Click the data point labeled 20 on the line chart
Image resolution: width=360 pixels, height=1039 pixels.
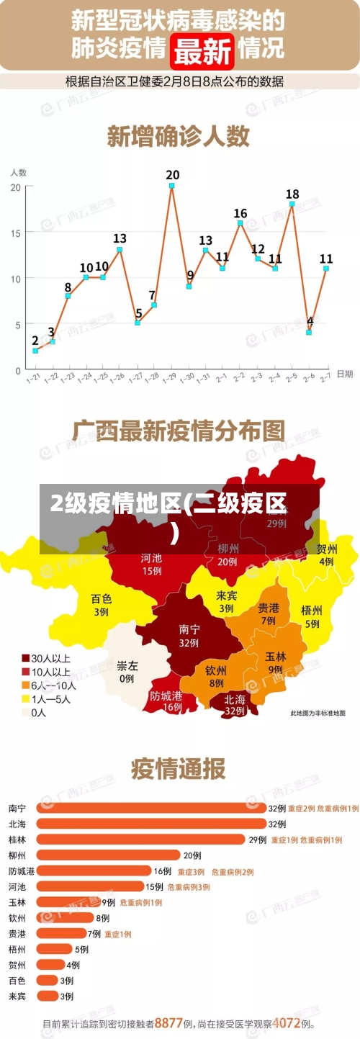(x=172, y=186)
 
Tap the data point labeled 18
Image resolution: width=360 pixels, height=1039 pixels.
(x=292, y=204)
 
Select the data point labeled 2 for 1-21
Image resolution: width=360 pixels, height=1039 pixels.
(x=35, y=351)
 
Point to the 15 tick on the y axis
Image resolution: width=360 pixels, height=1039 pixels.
(x=16, y=232)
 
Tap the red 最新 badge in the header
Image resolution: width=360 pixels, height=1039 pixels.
(x=204, y=50)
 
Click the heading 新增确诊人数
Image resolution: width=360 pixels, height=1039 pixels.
(x=179, y=135)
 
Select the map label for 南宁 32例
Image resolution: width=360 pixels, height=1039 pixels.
(x=189, y=635)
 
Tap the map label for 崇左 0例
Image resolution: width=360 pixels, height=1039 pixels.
(x=127, y=672)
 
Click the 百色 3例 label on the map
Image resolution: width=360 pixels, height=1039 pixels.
(x=101, y=605)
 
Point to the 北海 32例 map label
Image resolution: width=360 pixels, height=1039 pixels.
(x=235, y=704)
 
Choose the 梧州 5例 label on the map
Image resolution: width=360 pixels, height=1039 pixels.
(x=311, y=616)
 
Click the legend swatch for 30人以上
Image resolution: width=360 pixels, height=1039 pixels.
(x=25, y=657)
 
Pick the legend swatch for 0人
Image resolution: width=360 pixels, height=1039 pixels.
(x=25, y=712)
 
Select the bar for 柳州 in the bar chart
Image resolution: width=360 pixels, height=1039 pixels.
(x=108, y=855)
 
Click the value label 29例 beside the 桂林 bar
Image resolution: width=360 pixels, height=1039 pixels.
(x=258, y=840)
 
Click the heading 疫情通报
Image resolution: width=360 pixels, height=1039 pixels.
(x=178, y=769)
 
